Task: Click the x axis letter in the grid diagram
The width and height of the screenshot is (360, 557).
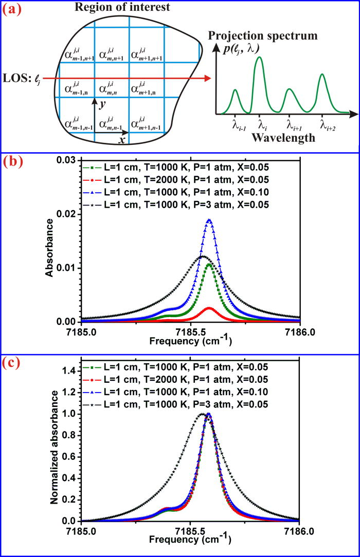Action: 122,140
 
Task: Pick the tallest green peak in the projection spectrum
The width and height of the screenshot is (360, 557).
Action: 259,57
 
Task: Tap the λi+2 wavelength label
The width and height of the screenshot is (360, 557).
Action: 324,125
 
